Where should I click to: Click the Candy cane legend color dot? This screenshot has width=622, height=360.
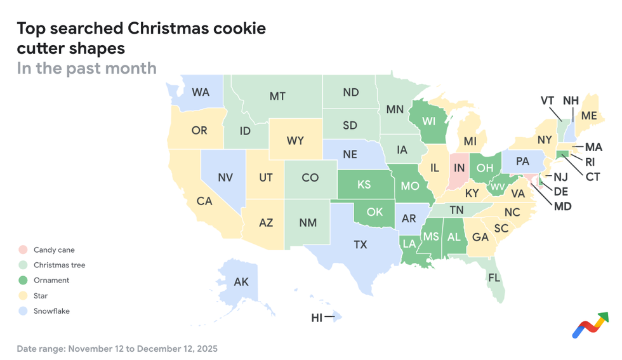pos(23,250)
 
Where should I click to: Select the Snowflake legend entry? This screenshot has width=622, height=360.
pos(51,311)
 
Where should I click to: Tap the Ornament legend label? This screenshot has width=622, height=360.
pos(51,281)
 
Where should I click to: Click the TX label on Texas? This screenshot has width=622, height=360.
pos(361,244)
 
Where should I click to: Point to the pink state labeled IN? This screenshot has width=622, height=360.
pos(459,170)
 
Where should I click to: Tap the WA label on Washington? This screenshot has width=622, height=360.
pos(201,93)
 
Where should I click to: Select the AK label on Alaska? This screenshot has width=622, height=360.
pos(241,282)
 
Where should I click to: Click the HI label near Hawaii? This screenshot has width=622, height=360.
pos(317,318)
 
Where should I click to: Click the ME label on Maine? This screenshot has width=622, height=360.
pos(588,116)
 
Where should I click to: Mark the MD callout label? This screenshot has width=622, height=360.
pos(562,206)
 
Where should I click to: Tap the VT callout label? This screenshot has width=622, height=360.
pos(548,101)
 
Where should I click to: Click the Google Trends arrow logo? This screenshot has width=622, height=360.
pos(590,325)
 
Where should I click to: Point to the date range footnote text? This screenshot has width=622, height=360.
pos(117,349)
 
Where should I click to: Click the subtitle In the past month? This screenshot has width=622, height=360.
pos(86,68)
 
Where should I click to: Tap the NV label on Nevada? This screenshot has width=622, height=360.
pos(225,178)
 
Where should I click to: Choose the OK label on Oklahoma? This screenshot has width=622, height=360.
pos(374,211)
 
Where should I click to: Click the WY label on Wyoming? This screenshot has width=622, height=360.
pos(295,141)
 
